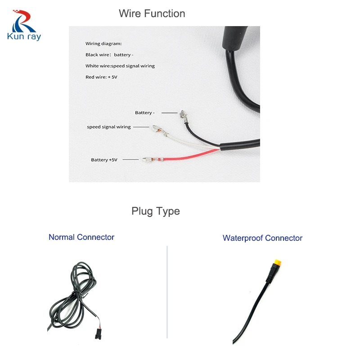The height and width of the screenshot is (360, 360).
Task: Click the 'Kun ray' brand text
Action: tap(24, 36)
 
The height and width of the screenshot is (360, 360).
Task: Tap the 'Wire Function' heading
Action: tap(152, 13)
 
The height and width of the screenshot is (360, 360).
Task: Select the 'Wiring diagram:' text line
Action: tap(103, 44)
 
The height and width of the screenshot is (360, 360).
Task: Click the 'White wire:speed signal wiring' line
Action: tap(120, 66)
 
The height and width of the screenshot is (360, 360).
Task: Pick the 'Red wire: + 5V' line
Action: tap(101, 77)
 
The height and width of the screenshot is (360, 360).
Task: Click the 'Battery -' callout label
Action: tap(144, 112)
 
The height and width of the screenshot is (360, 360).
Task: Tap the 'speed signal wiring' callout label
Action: tap(108, 127)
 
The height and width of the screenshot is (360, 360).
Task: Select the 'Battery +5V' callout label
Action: tap(104, 160)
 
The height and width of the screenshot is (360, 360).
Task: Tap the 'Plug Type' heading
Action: tap(155, 211)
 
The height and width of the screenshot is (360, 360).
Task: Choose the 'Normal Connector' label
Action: tap(81, 237)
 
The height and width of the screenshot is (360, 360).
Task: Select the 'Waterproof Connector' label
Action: tap(262, 238)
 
